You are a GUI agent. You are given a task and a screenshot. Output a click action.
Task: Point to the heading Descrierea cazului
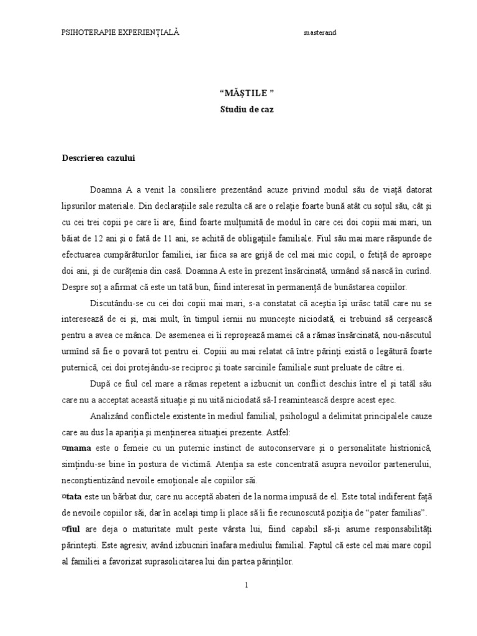point(99,158)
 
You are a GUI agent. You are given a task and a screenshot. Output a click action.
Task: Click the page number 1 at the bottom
point(247,585)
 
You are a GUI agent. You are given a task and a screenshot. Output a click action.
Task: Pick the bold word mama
point(78,448)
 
